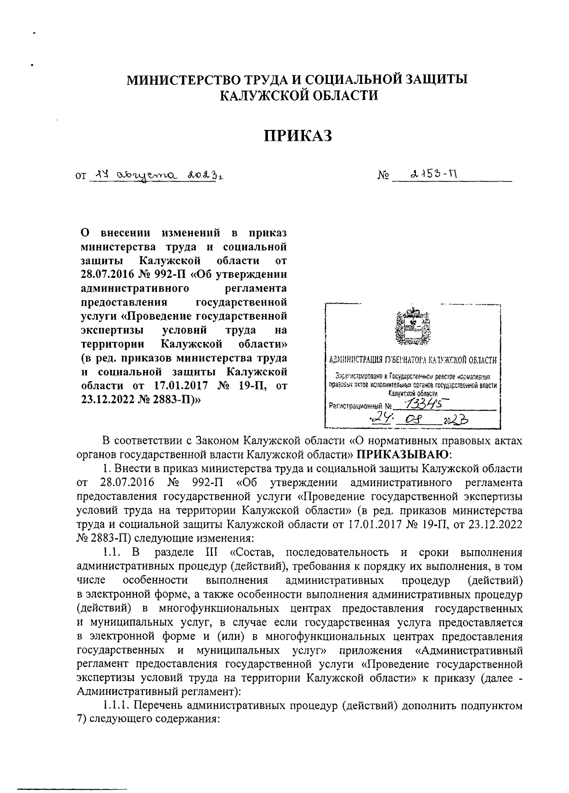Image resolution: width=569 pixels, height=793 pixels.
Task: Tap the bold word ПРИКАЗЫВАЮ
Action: pyautogui.click(x=402, y=454)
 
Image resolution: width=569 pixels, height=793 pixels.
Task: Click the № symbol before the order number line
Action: pyautogui.click(x=383, y=177)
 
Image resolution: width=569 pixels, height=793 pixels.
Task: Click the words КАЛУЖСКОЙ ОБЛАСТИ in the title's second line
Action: pyautogui.click(x=299, y=95)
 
